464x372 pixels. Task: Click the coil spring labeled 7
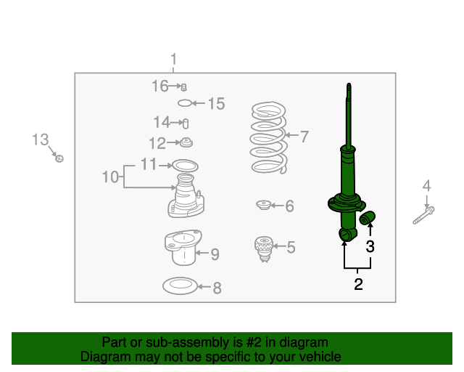pyautogui.click(x=269, y=137)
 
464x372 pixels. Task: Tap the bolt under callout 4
pyautogui.click(x=423, y=216)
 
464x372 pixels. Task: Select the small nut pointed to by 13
pyautogui.click(x=59, y=158)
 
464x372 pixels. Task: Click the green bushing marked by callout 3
pyautogui.click(x=368, y=218)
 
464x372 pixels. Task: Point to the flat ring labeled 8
pyautogui.click(x=181, y=286)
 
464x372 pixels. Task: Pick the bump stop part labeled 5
pyautogui.click(x=264, y=249)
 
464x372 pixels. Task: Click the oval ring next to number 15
pyautogui.click(x=185, y=103)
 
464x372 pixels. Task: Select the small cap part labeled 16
pyautogui.click(x=183, y=87)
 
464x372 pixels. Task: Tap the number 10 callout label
pyautogui.click(x=110, y=177)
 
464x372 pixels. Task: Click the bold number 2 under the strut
pyautogui.click(x=358, y=284)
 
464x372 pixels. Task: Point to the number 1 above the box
pyautogui.click(x=173, y=59)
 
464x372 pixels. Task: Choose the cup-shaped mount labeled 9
pyautogui.click(x=183, y=247)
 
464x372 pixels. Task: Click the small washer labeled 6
pyautogui.click(x=263, y=205)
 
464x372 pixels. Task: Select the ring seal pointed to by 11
pyautogui.click(x=186, y=166)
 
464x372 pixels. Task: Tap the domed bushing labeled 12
pyautogui.click(x=186, y=142)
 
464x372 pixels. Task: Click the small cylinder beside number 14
pyautogui.click(x=186, y=124)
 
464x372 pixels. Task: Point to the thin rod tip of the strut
pyautogui.click(x=349, y=86)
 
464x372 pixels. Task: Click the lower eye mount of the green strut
pyautogui.click(x=347, y=235)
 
